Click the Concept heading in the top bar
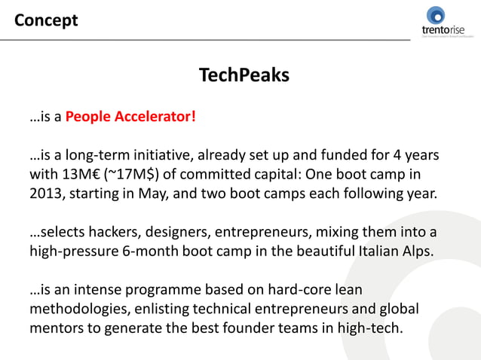[x=46, y=20]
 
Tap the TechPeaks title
[x=244, y=75]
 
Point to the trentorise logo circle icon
[x=437, y=15]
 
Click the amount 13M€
[x=80, y=175]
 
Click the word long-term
[x=90, y=156]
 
